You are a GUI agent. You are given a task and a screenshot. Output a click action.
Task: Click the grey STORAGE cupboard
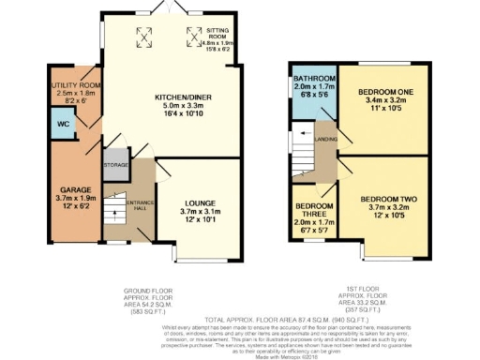(116, 164)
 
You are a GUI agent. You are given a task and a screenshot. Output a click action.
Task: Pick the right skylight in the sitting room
(194, 37)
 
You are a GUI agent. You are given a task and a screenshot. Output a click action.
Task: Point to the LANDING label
(327, 141)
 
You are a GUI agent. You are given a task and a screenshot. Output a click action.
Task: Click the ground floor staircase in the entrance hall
(113, 209)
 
